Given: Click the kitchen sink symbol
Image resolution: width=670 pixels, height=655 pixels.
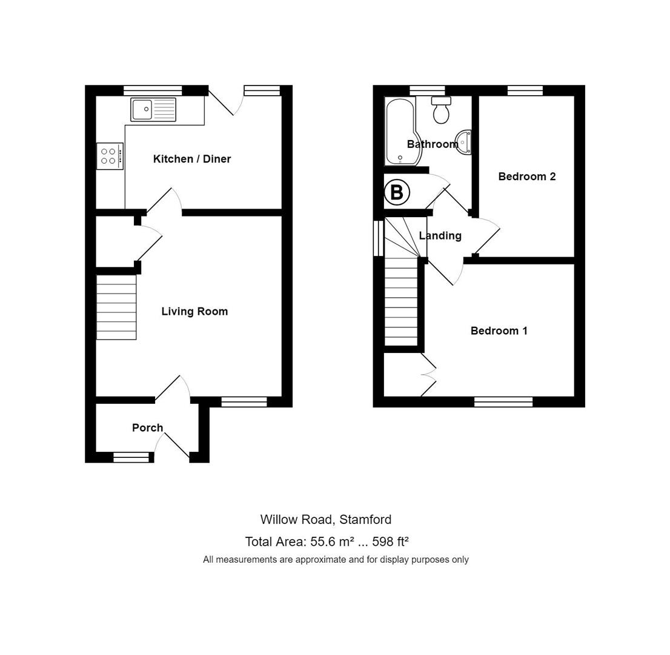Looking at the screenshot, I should coord(153,110).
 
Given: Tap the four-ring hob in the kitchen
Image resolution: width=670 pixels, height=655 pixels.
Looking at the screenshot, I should coord(110,156).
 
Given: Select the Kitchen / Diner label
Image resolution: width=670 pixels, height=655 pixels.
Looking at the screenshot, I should coord(192,159).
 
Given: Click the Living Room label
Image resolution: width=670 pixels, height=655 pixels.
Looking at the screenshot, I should coord(194,312).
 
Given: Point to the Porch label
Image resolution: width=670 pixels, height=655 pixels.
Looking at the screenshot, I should coord(148,428).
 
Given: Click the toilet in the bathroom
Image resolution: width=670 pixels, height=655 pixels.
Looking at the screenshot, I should coord(441,110).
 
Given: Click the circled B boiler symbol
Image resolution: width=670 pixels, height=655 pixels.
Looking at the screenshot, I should coord(397,193).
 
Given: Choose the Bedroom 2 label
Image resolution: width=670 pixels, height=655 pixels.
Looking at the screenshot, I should coord(527,176).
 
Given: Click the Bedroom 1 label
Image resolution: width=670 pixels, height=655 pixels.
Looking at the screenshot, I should coord(499,331).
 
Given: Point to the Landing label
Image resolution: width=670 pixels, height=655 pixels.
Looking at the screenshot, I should coord(440,236).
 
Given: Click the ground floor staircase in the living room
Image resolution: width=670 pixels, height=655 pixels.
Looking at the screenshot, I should coord(116,307).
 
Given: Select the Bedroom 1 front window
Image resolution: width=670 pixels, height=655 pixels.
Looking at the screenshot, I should coord(503,401).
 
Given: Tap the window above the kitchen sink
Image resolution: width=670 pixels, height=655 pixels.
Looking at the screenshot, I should coord(153,90).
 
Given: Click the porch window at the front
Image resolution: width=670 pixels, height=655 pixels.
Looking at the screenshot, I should coord(131,457).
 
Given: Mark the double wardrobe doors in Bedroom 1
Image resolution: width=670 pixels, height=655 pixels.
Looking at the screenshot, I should coord(428,374).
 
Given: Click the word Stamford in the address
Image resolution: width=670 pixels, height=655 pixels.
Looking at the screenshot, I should coord(365,520).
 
